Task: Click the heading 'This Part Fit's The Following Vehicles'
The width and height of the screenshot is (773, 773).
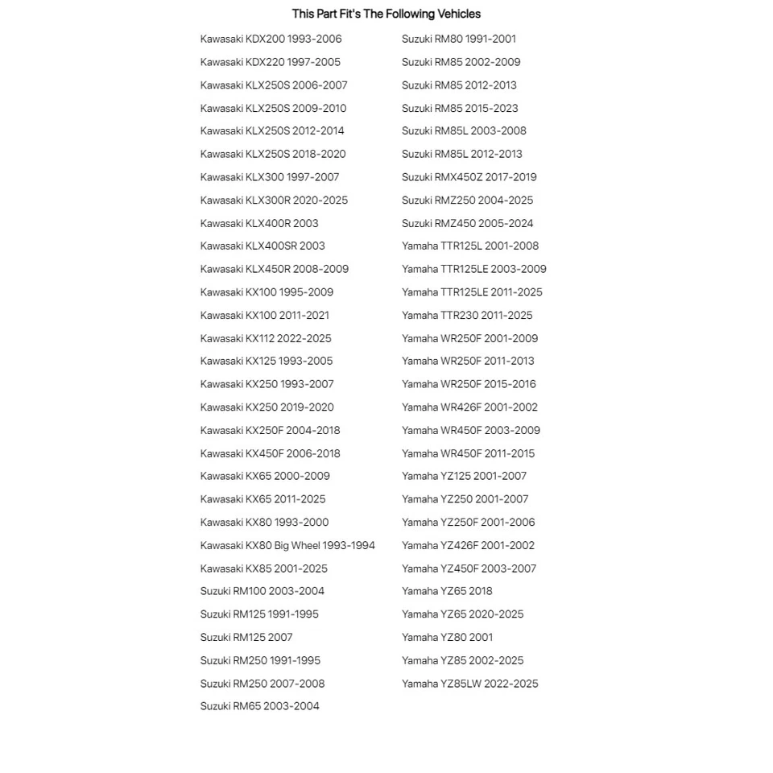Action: pyautogui.click(x=386, y=14)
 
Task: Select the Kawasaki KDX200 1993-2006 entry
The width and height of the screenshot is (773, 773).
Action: pyautogui.click(x=271, y=39)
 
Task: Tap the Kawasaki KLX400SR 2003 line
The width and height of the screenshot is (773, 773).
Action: pyautogui.click(x=262, y=246)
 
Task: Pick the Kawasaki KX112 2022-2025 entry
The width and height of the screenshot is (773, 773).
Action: pyautogui.click(x=266, y=338)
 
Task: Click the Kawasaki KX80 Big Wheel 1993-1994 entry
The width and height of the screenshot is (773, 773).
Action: pyautogui.click(x=287, y=545)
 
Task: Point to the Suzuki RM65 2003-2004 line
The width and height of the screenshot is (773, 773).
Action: pyautogui.click(x=259, y=706)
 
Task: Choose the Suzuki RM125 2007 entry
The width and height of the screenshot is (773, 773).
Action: pyautogui.click(x=246, y=637)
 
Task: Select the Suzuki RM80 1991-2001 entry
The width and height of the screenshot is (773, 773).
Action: pyautogui.click(x=459, y=39)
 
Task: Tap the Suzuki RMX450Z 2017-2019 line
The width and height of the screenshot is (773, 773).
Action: pyautogui.click(x=469, y=177)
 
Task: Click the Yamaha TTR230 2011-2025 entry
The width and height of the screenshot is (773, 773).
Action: pyautogui.click(x=467, y=315)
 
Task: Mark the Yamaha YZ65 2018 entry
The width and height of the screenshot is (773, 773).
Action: pyautogui.click(x=447, y=591)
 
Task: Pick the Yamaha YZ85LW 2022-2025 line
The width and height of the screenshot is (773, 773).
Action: pyautogui.click(x=469, y=684)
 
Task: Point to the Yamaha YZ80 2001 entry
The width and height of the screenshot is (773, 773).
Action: pyautogui.click(x=447, y=637)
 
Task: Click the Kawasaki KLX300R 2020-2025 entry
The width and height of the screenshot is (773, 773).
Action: pyautogui.click(x=274, y=200)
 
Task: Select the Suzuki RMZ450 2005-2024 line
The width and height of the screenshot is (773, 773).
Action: pyautogui.click(x=467, y=223)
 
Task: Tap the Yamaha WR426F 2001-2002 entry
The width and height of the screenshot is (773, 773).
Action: pyautogui.click(x=469, y=407)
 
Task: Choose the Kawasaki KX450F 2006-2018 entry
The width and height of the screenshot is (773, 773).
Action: pyautogui.click(x=270, y=453)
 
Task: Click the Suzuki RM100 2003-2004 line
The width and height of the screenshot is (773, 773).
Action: pyautogui.click(x=262, y=591)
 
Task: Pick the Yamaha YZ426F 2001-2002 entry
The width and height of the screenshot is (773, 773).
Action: pyautogui.click(x=468, y=545)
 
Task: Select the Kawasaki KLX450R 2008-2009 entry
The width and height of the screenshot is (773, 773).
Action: pyautogui.click(x=275, y=269)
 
